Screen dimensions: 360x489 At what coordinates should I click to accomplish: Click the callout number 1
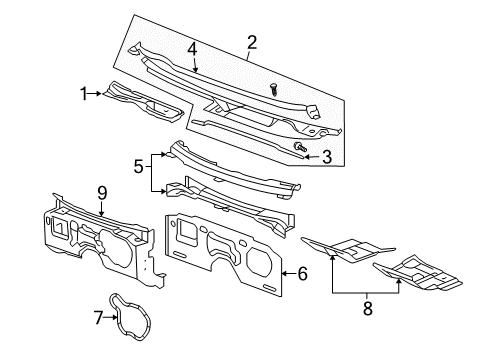[x=84, y=93]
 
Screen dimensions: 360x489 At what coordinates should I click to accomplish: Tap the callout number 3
[x=325, y=156]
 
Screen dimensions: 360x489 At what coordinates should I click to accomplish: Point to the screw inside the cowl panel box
[x=271, y=89]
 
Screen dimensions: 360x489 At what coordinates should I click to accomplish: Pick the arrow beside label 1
[x=97, y=93]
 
